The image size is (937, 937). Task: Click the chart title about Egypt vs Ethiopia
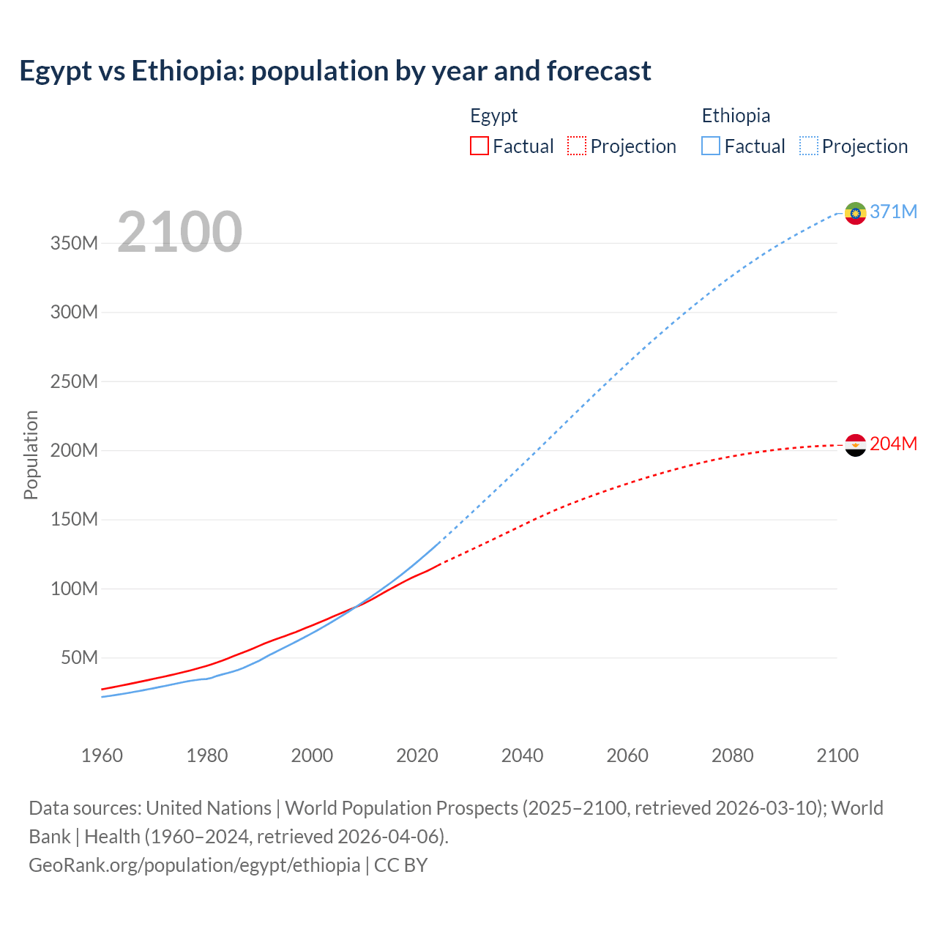click(335, 71)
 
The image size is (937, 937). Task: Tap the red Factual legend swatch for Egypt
click(479, 146)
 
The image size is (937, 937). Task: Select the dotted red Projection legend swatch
click(577, 146)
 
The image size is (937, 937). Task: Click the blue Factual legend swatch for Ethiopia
click(711, 146)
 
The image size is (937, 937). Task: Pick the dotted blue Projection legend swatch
click(809, 146)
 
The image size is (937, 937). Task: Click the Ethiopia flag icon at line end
click(855, 213)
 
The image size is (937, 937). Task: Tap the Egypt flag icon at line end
click(855, 445)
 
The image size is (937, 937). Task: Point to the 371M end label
click(893, 212)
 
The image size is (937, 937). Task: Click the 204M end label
click(893, 444)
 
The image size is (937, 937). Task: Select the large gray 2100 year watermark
click(179, 231)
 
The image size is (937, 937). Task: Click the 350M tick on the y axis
click(74, 243)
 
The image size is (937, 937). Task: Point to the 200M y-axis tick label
click(74, 450)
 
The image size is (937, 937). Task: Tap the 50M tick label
click(79, 657)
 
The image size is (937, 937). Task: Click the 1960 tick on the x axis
click(102, 755)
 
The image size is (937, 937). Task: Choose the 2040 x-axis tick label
click(522, 755)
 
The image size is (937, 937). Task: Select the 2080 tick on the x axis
click(732, 755)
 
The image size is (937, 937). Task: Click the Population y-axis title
click(31, 455)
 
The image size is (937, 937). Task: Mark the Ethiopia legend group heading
click(736, 116)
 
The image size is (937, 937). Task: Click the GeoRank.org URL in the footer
click(194, 865)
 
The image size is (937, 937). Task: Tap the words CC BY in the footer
click(400, 865)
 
